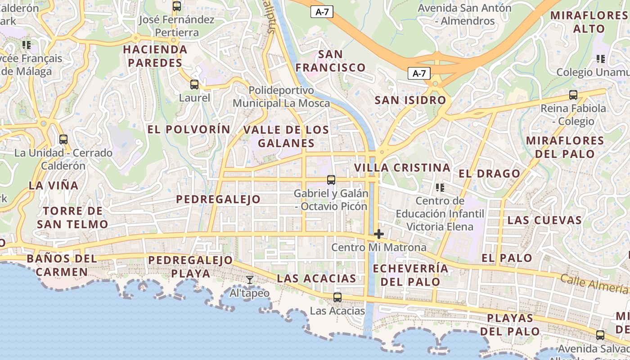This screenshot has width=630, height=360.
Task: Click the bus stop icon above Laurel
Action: click(194, 84)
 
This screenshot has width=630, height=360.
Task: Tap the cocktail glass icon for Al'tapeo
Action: click(250, 280)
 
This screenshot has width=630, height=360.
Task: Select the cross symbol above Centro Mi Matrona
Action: click(379, 234)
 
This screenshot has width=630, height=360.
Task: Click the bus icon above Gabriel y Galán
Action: click(331, 180)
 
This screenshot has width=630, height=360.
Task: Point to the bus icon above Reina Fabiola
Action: click(573, 95)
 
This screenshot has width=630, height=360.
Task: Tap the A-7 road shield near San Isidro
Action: click(419, 73)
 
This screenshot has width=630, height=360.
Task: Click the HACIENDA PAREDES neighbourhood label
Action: click(155, 56)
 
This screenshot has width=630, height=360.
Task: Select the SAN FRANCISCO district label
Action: click(330, 61)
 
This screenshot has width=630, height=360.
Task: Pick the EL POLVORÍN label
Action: click(189, 130)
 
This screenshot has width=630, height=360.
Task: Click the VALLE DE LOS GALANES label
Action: click(286, 137)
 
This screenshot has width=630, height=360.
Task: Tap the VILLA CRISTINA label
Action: click(402, 168)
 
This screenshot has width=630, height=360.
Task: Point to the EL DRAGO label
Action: click(489, 174)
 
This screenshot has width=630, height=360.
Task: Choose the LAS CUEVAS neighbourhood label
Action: click(544, 220)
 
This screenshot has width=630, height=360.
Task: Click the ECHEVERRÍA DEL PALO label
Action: click(410, 275)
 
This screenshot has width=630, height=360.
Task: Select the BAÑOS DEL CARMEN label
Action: click(62, 265)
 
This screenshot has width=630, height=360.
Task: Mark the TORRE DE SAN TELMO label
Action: click(72, 217)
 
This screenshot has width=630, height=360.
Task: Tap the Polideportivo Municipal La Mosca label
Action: click(281, 97)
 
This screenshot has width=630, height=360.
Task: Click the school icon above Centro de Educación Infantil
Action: click(440, 187)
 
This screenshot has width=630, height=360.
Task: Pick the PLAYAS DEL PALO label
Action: click(510, 325)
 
